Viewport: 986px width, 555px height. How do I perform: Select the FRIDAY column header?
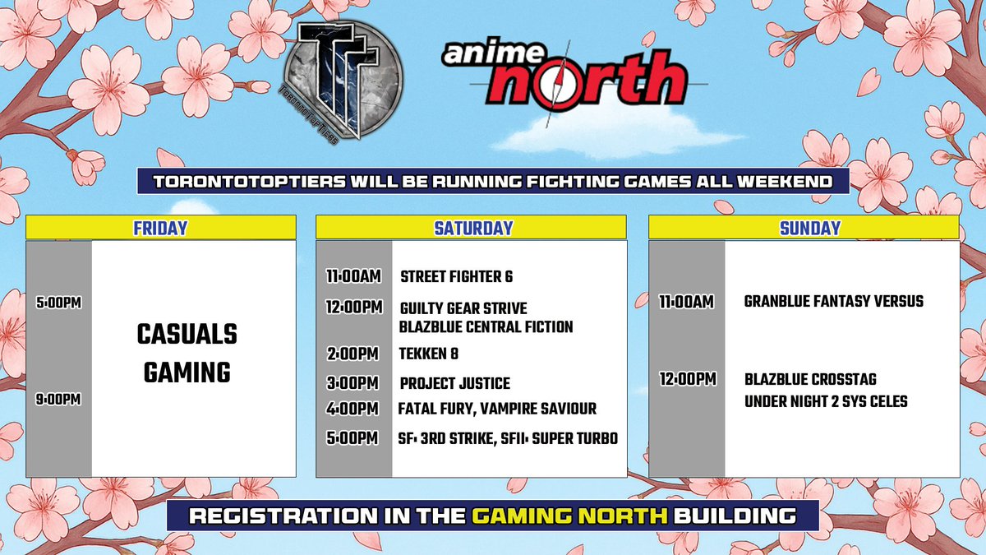[160, 228]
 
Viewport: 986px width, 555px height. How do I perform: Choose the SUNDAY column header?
[804, 228]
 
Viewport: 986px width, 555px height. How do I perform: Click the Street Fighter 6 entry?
[456, 277]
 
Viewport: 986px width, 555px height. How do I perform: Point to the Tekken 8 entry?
[429, 354]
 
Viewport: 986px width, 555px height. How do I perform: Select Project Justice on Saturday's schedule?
[454, 384]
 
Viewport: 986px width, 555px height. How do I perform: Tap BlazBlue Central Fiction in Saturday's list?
[486, 326]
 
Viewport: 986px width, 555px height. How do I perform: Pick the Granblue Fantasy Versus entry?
[833, 302]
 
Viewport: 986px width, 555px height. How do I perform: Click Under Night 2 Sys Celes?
[826, 402]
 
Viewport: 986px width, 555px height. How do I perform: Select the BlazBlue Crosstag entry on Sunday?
[810, 380]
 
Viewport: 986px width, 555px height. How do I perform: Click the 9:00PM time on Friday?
[58, 400]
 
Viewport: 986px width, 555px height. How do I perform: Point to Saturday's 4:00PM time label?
[352, 409]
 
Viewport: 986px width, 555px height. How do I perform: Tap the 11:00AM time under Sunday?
[686, 302]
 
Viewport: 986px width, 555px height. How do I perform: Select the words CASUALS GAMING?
[187, 354]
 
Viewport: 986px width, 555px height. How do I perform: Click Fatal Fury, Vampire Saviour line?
[497, 409]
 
